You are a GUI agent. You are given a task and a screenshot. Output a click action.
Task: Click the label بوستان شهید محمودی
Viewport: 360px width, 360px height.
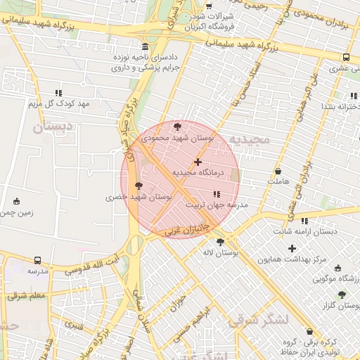176,139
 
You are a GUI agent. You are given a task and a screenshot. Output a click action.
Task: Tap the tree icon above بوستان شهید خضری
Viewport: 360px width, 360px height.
138,186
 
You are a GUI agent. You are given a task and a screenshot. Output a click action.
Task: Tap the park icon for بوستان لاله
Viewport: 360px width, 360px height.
221,242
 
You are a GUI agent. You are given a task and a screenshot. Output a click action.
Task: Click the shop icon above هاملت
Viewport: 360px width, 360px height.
278,171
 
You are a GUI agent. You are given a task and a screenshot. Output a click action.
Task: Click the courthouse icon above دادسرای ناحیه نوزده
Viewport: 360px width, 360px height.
146,44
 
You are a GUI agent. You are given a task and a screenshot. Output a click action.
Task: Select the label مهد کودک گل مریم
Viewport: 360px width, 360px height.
59,104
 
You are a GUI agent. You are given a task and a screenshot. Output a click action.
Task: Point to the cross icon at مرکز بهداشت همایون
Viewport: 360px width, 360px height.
292,248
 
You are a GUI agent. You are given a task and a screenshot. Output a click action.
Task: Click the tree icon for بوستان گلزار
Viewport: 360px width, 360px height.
342,295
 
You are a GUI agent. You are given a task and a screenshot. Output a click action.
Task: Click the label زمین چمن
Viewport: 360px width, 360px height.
17,212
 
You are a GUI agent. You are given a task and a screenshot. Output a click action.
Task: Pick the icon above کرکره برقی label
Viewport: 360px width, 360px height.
309,331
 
